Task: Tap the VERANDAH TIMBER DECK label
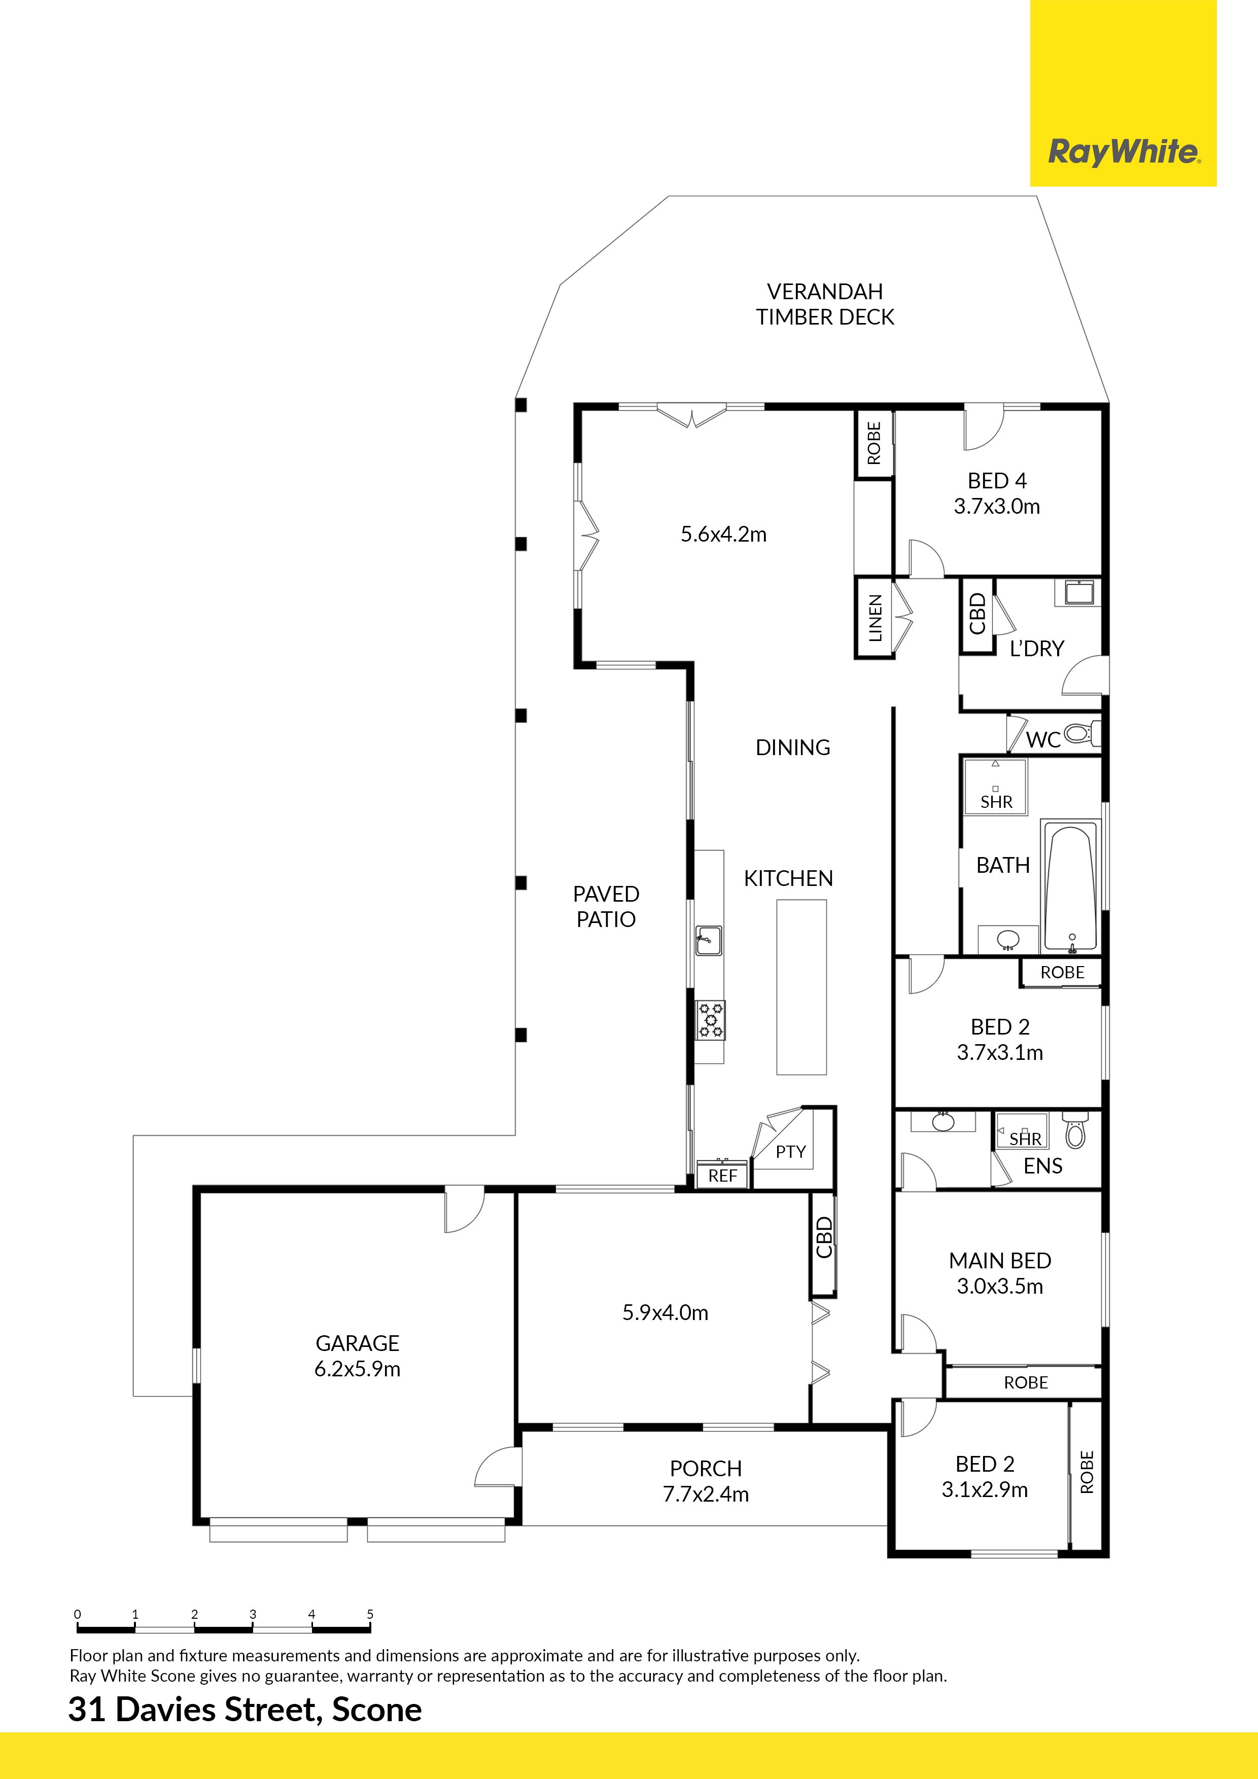click(x=825, y=304)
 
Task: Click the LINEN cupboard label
click(x=875, y=618)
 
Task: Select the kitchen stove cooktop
click(x=710, y=1020)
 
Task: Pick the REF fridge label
click(x=722, y=1176)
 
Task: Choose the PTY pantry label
click(x=791, y=1151)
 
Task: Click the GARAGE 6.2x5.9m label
click(x=357, y=1356)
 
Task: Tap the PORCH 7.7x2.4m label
click(x=706, y=1481)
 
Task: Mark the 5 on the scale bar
click(x=370, y=1614)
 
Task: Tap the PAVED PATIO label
click(x=606, y=907)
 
